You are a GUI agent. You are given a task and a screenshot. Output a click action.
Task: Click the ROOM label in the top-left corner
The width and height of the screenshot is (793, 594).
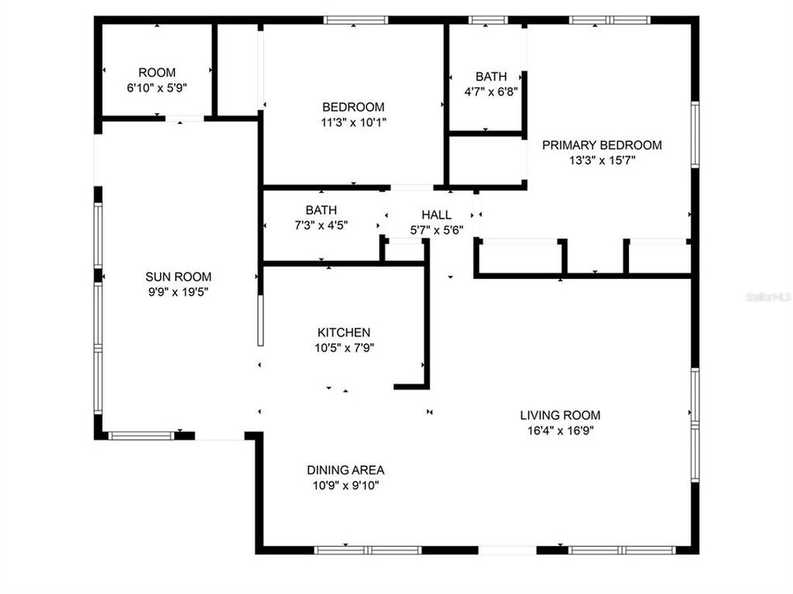157,73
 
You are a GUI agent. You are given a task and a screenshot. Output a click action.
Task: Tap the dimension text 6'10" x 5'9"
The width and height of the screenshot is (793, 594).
157,88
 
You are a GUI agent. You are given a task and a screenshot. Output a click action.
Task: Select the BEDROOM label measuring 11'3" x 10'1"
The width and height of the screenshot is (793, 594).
353,106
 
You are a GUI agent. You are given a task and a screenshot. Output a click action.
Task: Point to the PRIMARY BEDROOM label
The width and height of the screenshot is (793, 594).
602,145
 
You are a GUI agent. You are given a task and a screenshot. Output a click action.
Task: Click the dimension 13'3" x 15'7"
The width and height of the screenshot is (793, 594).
602,161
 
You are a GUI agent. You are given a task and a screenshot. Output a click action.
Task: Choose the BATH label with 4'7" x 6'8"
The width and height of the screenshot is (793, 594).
491,77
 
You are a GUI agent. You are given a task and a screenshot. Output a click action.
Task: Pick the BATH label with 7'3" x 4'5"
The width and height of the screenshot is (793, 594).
321,210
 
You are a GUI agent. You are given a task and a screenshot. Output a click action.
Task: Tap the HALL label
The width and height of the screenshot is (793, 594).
437,214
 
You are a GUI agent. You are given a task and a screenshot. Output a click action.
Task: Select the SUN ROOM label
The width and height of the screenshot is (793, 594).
178,277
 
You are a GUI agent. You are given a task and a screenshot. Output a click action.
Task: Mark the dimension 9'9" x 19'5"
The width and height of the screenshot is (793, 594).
178,293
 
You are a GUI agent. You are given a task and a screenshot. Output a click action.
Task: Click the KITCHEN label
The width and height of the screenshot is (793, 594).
343,332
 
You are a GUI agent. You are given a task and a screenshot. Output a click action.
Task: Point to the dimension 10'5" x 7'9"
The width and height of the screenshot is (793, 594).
343,348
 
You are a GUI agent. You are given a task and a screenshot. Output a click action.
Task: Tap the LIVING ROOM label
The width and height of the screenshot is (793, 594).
559,415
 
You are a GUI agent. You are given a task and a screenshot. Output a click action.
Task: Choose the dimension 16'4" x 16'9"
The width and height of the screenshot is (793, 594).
559,431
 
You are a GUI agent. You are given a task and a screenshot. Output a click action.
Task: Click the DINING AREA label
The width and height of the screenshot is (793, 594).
345,469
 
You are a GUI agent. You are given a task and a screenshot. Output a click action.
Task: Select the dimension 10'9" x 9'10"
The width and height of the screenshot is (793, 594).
345,485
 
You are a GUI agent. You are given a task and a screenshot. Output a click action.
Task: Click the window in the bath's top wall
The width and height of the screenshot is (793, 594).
488,20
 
